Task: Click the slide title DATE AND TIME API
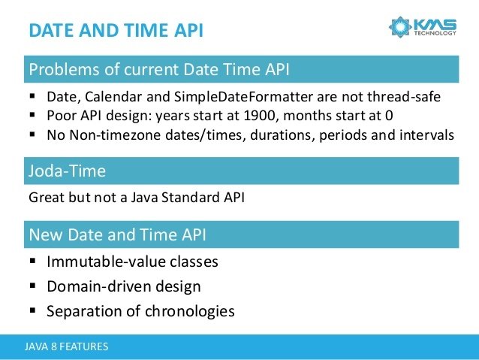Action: (x=116, y=30)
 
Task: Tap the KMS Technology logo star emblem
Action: (x=400, y=27)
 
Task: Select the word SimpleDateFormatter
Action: (x=243, y=97)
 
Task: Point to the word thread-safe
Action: (x=404, y=97)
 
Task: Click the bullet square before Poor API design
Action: (x=33, y=115)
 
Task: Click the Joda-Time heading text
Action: (x=68, y=171)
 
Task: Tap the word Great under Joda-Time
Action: (x=47, y=198)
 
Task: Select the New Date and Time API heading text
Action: (x=118, y=234)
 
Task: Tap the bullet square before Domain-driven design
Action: (x=33, y=286)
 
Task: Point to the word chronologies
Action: (x=190, y=311)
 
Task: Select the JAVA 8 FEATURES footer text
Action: (x=66, y=346)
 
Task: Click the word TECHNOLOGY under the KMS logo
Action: (x=435, y=33)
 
